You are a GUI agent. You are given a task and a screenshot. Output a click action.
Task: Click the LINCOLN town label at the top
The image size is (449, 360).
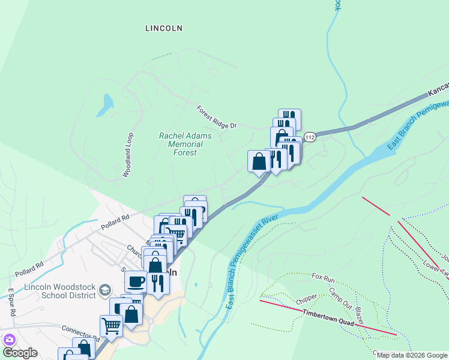tap(164, 28)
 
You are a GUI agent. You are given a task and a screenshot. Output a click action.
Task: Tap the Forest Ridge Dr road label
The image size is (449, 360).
tap(217, 117)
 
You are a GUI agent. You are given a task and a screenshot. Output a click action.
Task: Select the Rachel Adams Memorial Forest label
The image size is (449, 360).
tap(185, 144)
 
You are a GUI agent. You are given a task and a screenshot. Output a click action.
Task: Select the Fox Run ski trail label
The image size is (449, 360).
tap(323, 278)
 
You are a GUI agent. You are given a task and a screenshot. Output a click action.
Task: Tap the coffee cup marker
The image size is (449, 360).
tap(136, 280)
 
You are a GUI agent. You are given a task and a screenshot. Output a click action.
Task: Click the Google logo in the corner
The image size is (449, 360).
tap(20, 353)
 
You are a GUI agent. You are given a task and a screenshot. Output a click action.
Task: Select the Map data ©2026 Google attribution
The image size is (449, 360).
tap(412, 355)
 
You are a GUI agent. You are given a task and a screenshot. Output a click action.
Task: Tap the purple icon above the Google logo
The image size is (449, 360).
tap(9, 339)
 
